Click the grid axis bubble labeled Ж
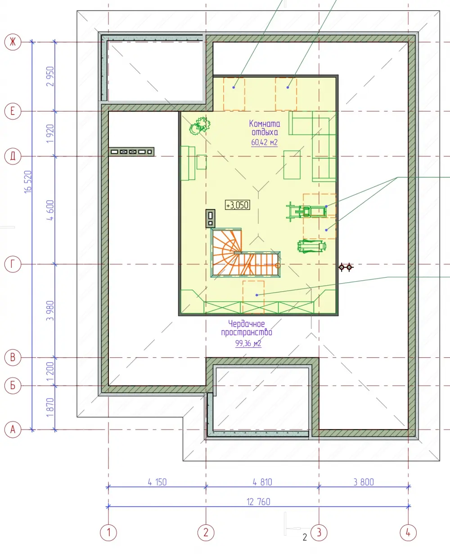(x=13, y=42)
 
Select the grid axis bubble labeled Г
(x=13, y=264)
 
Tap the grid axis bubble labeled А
(x=13, y=430)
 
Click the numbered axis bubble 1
(x=108, y=533)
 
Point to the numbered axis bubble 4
(x=408, y=533)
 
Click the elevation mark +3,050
(x=238, y=205)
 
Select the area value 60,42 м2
(x=264, y=142)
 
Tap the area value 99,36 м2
(x=248, y=343)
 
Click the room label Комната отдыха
(x=265, y=128)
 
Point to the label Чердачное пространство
(x=247, y=328)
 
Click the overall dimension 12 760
(x=258, y=502)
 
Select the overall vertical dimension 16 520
(x=28, y=182)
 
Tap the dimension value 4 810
(x=262, y=482)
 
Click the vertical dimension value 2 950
(x=50, y=76)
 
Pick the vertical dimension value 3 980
(x=50, y=311)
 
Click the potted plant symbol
(x=200, y=126)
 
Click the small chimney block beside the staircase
(x=210, y=218)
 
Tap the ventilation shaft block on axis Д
(x=131, y=151)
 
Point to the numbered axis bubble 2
(x=206, y=533)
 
